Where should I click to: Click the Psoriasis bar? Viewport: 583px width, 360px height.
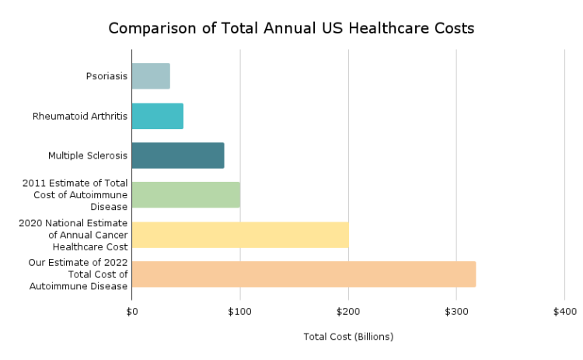151,76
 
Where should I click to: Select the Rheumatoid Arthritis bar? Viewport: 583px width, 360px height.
158,116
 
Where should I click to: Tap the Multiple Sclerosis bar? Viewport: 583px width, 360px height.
178,156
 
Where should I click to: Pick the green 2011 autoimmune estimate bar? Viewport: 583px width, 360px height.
186,194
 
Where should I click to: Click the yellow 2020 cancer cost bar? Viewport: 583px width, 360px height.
240,234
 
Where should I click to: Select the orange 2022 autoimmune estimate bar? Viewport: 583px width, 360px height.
304,274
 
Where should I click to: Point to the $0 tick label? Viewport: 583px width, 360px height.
132,312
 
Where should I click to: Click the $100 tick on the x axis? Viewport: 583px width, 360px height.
240,312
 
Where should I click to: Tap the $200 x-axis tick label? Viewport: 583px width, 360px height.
348,312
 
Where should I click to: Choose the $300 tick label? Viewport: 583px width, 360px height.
456,312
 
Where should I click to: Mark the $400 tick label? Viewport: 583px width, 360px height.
564,312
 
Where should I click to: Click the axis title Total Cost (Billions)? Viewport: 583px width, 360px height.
348,337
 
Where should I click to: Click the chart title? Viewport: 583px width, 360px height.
291,29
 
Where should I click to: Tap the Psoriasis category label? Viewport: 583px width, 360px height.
106,76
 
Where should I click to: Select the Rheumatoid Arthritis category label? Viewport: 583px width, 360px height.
80,116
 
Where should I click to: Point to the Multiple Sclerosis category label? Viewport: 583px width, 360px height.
88,156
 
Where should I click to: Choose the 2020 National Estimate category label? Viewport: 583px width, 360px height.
74,234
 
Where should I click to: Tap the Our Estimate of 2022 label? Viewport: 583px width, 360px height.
79,274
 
